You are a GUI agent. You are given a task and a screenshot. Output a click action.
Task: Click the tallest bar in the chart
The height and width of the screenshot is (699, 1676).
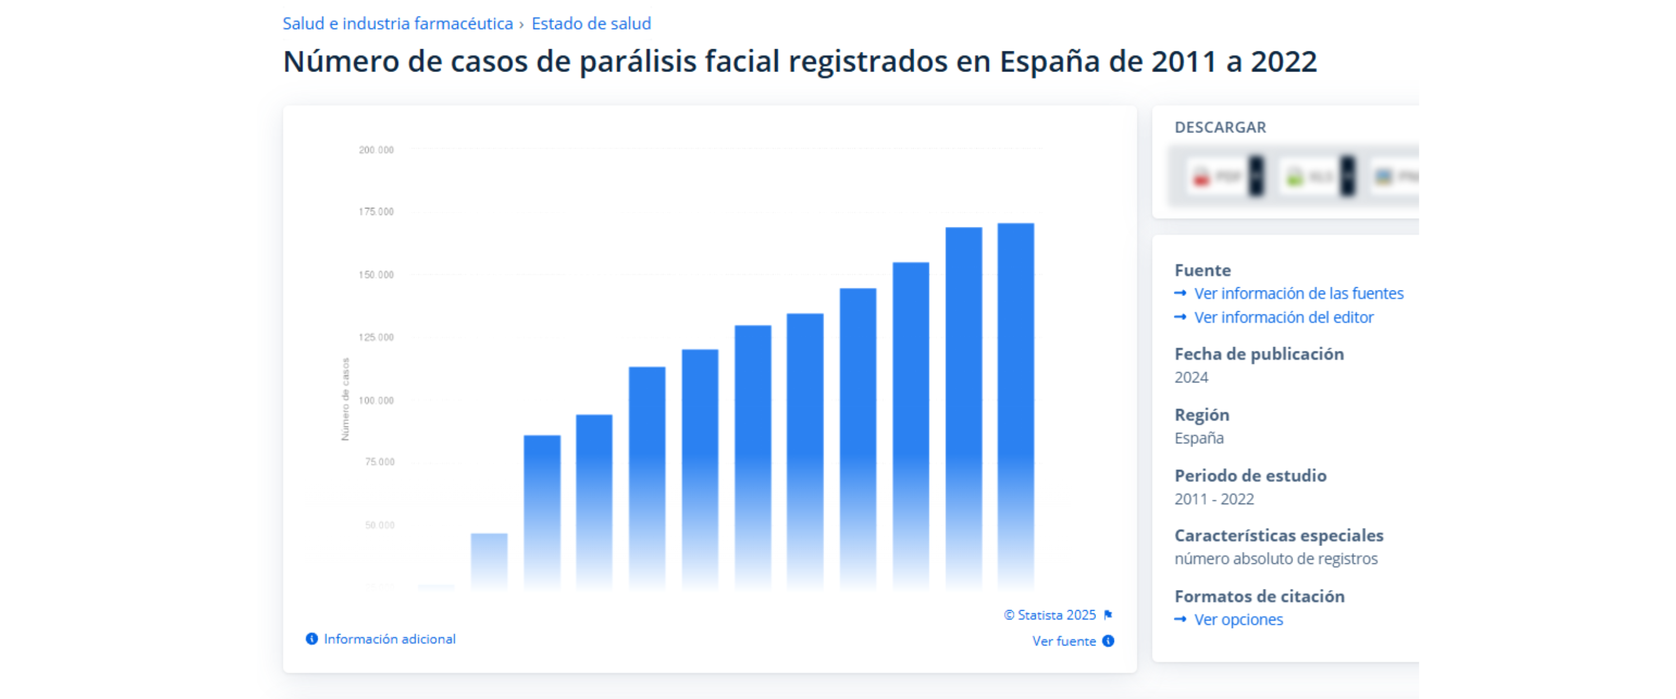(1015, 403)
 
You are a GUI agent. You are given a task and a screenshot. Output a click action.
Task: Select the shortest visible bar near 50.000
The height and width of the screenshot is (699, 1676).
(489, 559)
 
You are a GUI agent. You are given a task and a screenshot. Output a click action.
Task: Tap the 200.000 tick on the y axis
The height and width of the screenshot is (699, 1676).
(376, 150)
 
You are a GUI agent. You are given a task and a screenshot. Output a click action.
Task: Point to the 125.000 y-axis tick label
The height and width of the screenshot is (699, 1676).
(376, 337)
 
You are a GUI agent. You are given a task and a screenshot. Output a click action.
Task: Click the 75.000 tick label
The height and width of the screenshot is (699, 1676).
(379, 462)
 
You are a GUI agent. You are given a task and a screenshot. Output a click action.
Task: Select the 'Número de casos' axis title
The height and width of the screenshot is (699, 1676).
(346, 400)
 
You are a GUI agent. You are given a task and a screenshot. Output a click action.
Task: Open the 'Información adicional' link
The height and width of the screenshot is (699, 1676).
(389, 639)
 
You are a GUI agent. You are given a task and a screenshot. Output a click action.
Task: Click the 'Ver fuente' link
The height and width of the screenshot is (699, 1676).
(1064, 641)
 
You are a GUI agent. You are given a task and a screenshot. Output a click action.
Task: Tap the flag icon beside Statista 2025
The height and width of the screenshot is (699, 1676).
(1108, 615)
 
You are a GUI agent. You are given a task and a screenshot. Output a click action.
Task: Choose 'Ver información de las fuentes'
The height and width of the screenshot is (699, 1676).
(1298, 294)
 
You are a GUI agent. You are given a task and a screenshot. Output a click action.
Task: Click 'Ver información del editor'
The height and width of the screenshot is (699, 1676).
(1283, 317)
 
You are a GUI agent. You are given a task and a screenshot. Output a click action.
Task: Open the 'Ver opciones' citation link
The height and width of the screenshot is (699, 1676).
(1238, 620)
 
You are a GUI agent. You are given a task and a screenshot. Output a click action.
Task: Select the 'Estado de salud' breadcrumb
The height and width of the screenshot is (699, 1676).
(591, 24)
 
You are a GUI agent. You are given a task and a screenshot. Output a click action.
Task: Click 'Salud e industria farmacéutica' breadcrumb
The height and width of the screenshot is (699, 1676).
(398, 24)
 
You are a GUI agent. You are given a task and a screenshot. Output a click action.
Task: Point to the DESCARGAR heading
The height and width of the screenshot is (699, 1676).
(1220, 127)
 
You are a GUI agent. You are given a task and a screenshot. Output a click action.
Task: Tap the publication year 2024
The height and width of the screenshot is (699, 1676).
(1191, 378)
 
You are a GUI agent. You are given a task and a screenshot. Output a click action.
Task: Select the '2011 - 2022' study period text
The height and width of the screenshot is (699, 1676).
(1214, 500)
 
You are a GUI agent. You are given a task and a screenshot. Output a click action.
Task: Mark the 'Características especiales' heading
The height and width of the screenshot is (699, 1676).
(1278, 536)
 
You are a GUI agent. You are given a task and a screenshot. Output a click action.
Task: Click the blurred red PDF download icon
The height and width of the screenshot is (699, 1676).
(1202, 176)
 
